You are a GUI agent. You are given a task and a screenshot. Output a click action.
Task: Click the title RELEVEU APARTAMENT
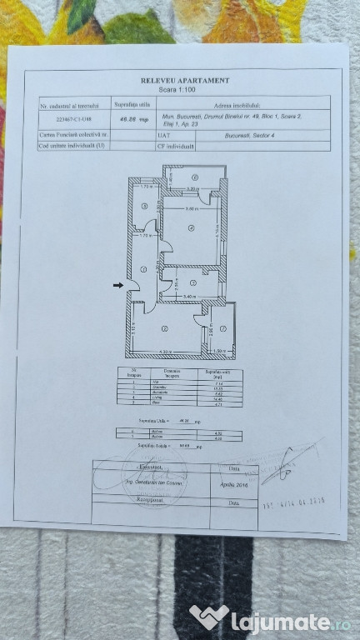click(x=185, y=80)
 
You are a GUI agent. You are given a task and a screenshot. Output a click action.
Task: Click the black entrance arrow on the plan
click(x=118, y=286)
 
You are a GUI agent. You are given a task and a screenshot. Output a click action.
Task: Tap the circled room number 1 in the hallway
click(x=143, y=268)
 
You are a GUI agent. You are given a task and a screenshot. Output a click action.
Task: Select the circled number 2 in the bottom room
click(x=165, y=327)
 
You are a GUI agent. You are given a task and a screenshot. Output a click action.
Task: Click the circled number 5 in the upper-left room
click(x=144, y=207)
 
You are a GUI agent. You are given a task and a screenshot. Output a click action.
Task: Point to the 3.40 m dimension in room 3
click(x=189, y=296)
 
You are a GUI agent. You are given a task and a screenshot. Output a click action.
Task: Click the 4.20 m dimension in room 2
click(x=165, y=351)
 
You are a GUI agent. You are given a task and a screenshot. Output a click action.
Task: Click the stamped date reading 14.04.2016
click(x=294, y=502)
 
